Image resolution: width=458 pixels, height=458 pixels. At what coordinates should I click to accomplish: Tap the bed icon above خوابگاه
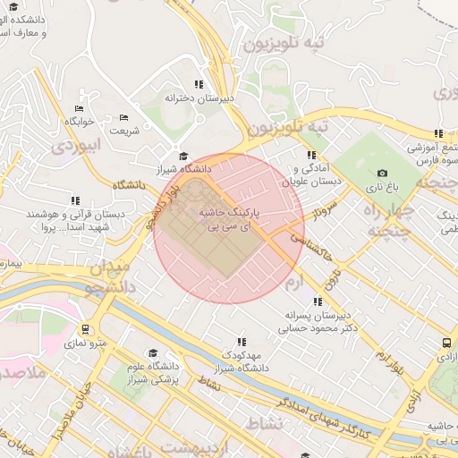(79, 108)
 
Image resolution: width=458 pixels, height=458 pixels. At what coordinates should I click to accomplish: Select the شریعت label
(124, 131)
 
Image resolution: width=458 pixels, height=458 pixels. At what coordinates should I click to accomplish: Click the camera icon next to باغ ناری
(383, 174)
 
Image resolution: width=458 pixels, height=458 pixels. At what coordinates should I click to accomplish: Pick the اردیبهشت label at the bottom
(191, 445)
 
